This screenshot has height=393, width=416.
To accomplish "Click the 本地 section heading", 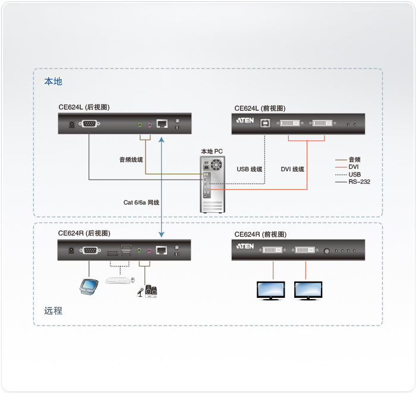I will pyautogui.click(x=53, y=81).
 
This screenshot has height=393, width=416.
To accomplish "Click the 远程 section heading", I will pyautogui.click(x=53, y=310).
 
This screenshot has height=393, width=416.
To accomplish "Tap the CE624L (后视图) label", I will pyautogui.click(x=84, y=108).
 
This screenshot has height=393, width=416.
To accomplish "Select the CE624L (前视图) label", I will pyautogui.click(x=260, y=108).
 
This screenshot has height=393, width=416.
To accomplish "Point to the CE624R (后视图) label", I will pyautogui.click(x=84, y=233).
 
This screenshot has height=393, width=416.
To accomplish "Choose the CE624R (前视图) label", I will pyautogui.click(x=260, y=234).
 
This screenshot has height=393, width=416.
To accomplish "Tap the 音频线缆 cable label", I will pyautogui.click(x=131, y=159).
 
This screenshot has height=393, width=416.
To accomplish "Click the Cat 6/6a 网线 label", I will pyautogui.click(x=141, y=202).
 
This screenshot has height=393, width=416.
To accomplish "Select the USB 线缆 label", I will pyautogui.click(x=250, y=169).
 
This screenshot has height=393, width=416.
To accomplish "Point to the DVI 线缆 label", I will pyautogui.click(x=292, y=169).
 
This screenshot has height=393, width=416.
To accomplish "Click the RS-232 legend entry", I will pyautogui.click(x=359, y=182).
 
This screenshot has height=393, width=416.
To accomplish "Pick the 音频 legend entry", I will pyautogui.click(x=354, y=159).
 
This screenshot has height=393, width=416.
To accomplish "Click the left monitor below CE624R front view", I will pyautogui.click(x=273, y=290).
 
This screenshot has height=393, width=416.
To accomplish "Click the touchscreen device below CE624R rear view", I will pyautogui.click(x=89, y=287).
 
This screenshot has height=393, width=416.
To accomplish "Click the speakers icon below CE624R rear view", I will pyautogui.click(x=152, y=291).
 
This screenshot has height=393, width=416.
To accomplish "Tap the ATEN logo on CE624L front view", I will pyautogui.click(x=245, y=121).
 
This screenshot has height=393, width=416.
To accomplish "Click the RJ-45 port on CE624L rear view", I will pyautogui.click(x=162, y=124).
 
